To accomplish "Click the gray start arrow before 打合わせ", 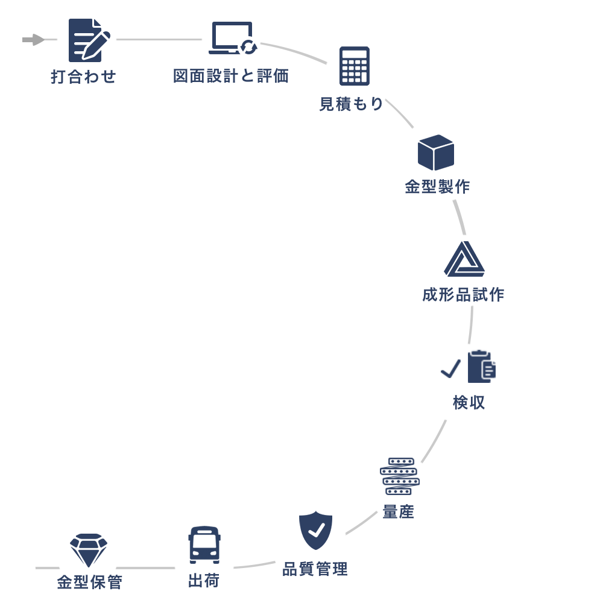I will click(34, 40).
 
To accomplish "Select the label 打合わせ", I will click(83, 77).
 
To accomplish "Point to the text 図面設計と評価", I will click(231, 77).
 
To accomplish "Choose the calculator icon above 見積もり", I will click(355, 66).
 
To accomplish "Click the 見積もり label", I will click(351, 104).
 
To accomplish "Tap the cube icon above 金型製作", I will click(435, 153).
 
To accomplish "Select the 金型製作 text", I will click(437, 187).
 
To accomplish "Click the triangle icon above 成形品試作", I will click(464, 259).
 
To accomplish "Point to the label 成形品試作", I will click(463, 295).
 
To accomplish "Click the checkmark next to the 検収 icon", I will click(450, 368).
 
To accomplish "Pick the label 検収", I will click(469, 403).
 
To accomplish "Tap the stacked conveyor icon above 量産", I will click(399, 476).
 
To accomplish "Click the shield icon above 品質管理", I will click(316, 530).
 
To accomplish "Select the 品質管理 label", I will click(315, 569).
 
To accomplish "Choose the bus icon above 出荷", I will click(204, 545).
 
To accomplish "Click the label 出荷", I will click(204, 581).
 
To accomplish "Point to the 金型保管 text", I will click(89, 582).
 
